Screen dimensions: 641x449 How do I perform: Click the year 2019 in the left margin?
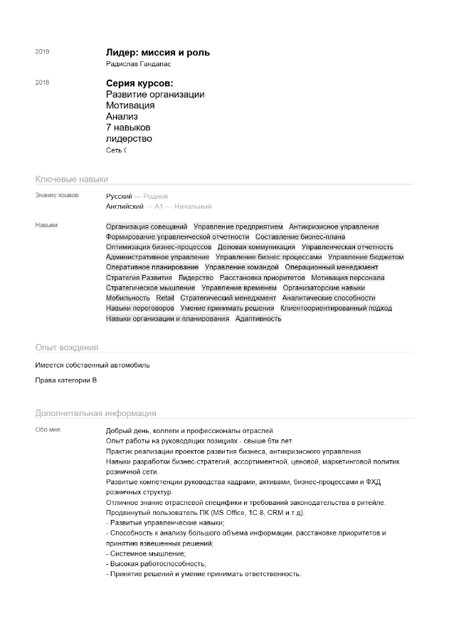(x=42, y=52)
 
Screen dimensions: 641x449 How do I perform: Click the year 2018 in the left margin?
(x=42, y=83)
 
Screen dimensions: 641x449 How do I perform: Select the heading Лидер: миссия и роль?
(x=157, y=53)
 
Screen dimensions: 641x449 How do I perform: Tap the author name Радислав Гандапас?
(x=139, y=65)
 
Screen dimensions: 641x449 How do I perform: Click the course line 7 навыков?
(x=128, y=127)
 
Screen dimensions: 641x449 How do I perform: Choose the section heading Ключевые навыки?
(x=72, y=179)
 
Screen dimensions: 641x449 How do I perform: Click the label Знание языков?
(x=57, y=195)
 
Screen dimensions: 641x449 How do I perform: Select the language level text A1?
(x=159, y=207)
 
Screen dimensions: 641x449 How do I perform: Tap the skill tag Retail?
(x=165, y=298)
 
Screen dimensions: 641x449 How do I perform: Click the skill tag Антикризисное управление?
(x=334, y=226)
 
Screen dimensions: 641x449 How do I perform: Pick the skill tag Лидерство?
(x=196, y=278)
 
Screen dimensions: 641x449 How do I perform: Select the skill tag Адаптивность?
(x=258, y=318)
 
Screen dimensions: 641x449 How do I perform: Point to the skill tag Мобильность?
(x=128, y=298)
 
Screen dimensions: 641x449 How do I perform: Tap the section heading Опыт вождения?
(x=67, y=348)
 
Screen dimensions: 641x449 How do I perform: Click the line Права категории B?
(x=66, y=380)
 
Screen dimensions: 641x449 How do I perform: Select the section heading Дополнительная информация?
(x=96, y=413)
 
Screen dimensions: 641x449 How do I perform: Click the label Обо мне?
(x=48, y=430)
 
